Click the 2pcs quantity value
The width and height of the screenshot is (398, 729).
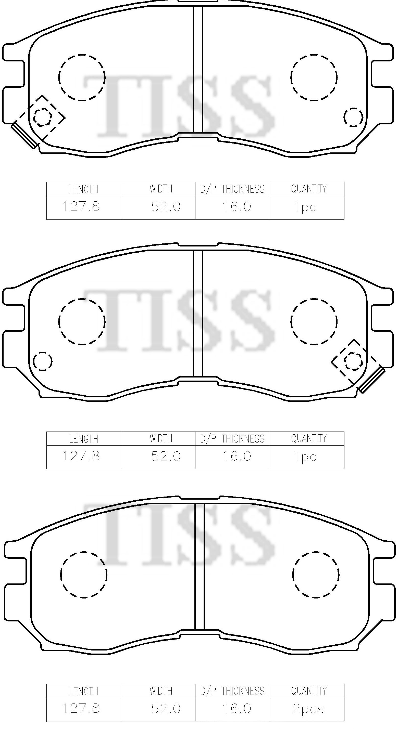click(x=308, y=709)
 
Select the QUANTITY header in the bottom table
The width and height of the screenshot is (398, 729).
click(x=309, y=691)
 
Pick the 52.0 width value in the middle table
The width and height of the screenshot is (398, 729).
click(x=166, y=456)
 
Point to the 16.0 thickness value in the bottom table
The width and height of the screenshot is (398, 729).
click(x=237, y=709)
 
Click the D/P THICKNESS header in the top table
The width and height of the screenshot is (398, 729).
click(x=232, y=189)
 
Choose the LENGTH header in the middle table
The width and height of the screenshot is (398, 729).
click(x=84, y=439)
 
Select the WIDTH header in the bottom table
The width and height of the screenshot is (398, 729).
click(x=161, y=691)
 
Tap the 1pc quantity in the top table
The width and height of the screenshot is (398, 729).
click(x=305, y=207)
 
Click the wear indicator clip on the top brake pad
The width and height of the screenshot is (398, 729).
click(x=24, y=135)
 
